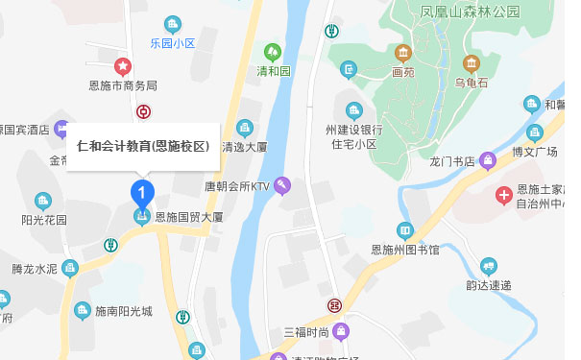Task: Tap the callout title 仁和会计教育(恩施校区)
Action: tap(143, 147)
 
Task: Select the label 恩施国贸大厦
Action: tap(188, 218)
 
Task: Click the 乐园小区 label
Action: tap(173, 44)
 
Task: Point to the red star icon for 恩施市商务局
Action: tap(123, 66)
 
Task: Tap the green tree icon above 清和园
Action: tap(273, 52)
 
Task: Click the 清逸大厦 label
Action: tap(244, 147)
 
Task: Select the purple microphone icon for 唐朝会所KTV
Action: tap(282, 185)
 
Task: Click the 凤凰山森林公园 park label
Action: tap(443, 12)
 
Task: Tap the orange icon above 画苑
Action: tap(403, 52)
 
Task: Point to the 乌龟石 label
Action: tap(472, 83)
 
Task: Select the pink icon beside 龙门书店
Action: tap(488, 160)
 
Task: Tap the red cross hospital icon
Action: tap(503, 196)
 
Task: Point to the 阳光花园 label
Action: tap(44, 219)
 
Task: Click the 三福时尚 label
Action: tap(306, 332)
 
